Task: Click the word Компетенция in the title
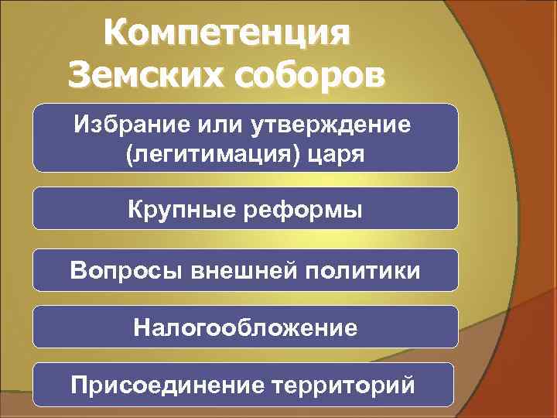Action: coord(228,33)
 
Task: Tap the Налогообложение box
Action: coord(245,328)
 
